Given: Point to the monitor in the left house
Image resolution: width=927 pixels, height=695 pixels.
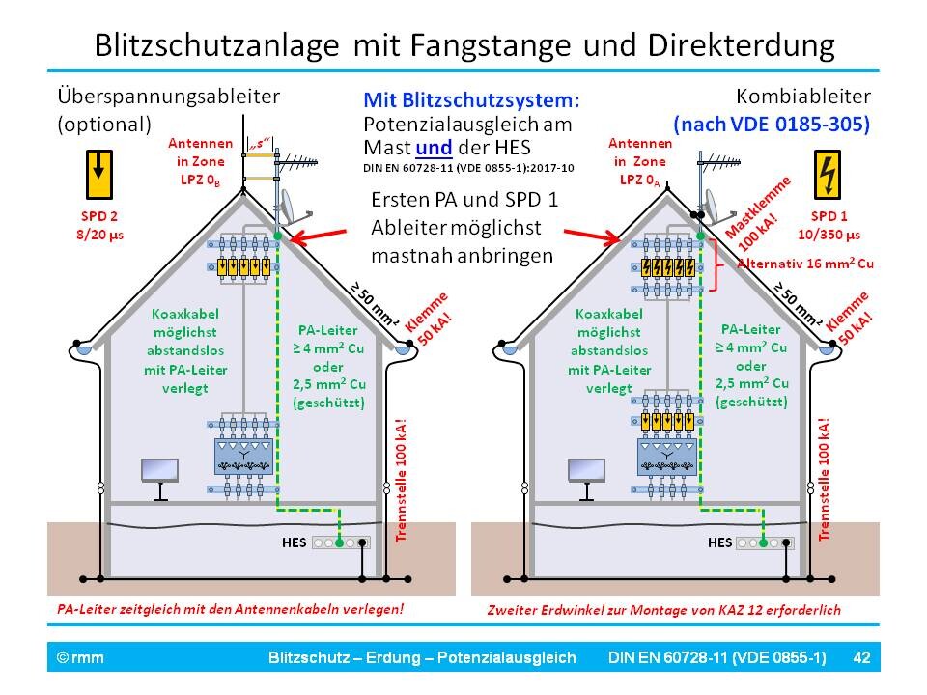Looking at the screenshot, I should click(x=159, y=473).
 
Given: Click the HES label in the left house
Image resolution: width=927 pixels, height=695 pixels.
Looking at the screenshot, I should click(x=294, y=542).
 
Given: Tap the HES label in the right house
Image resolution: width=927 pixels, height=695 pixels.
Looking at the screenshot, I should click(x=719, y=542).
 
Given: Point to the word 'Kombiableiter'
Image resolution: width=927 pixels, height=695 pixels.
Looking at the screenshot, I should click(x=803, y=97).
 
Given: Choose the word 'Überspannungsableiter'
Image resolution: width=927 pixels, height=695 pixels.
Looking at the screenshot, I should click(x=169, y=97).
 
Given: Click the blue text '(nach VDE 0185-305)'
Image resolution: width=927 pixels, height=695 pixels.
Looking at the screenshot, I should click(x=772, y=124).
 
